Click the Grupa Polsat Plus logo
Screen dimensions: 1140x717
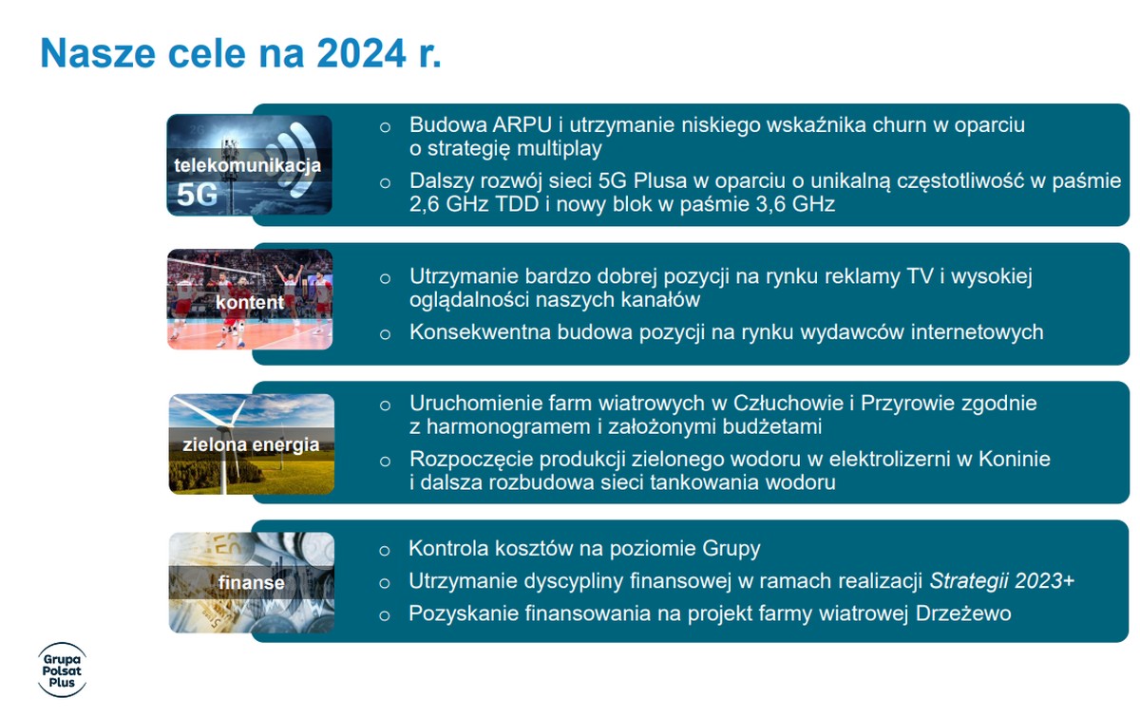62,670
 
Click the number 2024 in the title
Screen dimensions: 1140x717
361,52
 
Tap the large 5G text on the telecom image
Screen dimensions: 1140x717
197,195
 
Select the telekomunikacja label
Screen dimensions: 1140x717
247,165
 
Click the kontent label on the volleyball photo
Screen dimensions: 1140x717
249,302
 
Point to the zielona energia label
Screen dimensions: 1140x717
251,444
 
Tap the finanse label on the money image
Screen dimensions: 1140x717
252,583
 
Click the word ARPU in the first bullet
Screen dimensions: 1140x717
522,124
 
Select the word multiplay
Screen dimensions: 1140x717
559,148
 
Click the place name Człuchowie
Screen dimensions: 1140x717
788,403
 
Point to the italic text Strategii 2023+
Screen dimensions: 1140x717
1001,580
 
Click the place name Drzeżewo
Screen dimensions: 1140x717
963,613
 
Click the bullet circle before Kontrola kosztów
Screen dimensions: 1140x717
385,551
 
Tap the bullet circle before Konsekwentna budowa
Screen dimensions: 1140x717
386,334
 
